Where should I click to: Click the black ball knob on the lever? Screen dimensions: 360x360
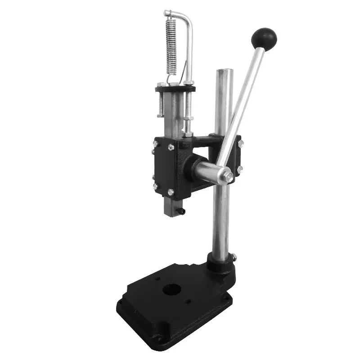pos(264,37)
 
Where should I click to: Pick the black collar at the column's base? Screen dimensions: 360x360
pos(220,261)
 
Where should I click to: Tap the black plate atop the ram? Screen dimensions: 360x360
pos(175,89)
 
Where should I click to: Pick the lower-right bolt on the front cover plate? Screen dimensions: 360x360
pos(171,192)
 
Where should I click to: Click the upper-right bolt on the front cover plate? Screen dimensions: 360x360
pos(171,147)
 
